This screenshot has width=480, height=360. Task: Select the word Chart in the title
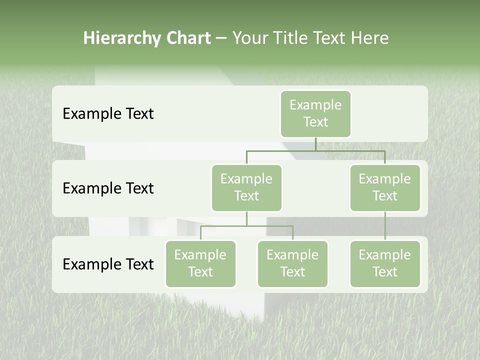[188, 38]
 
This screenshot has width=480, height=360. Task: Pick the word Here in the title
[370, 38]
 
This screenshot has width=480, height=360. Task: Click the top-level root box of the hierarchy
[315, 113]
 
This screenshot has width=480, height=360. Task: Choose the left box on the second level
[246, 187]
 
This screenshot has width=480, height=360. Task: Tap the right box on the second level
[385, 187]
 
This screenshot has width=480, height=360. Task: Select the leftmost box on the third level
[200, 263]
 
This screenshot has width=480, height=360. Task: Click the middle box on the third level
[292, 263]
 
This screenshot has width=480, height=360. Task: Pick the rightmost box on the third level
[385, 263]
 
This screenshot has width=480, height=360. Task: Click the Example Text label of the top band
[108, 114]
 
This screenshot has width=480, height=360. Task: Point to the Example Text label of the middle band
[108, 188]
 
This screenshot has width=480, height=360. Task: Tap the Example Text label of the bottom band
[108, 264]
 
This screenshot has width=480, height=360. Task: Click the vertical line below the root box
[315, 144]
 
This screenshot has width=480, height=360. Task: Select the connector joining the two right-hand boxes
[385, 226]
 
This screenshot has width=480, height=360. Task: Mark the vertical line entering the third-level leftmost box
[200, 233]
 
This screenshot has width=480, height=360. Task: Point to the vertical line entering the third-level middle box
[292, 233]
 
